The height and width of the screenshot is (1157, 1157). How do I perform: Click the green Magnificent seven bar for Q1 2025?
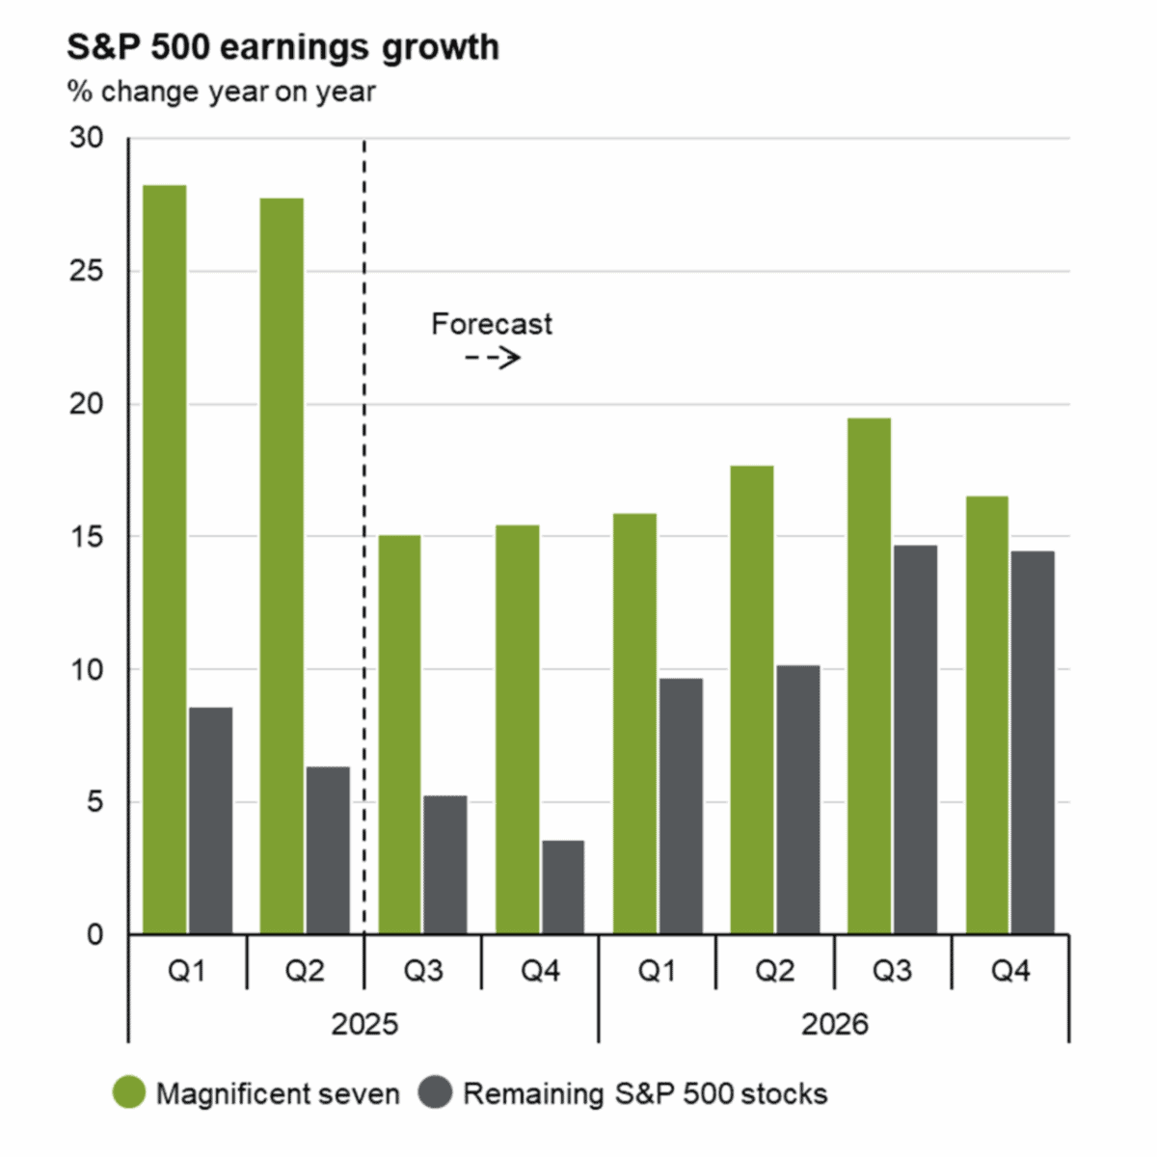164,559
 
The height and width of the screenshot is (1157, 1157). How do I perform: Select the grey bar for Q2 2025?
328,850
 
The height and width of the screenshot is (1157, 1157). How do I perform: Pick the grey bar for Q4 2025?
563,887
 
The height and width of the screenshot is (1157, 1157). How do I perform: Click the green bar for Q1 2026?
634,723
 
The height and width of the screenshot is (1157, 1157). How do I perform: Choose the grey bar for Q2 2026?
798,800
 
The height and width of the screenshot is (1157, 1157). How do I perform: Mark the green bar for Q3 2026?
869,675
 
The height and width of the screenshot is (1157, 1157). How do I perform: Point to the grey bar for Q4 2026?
1033,742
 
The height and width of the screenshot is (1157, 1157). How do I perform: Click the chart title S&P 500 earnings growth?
283,47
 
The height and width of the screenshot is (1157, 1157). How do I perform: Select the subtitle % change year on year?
221,92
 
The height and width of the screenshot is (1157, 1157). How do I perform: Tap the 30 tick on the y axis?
87,138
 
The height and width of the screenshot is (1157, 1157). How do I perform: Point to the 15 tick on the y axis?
87,537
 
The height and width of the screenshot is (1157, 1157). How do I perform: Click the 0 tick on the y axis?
94,934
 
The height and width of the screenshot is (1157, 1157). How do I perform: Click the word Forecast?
492,324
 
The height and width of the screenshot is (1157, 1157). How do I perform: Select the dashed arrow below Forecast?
493,359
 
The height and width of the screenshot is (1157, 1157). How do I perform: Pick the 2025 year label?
364,1024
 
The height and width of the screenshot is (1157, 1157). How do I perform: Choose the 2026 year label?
834,1024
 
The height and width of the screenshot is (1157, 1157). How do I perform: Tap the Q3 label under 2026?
892,971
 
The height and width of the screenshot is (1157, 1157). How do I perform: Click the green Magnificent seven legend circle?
129,1093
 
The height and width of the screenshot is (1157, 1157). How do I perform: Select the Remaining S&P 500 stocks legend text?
645,1094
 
